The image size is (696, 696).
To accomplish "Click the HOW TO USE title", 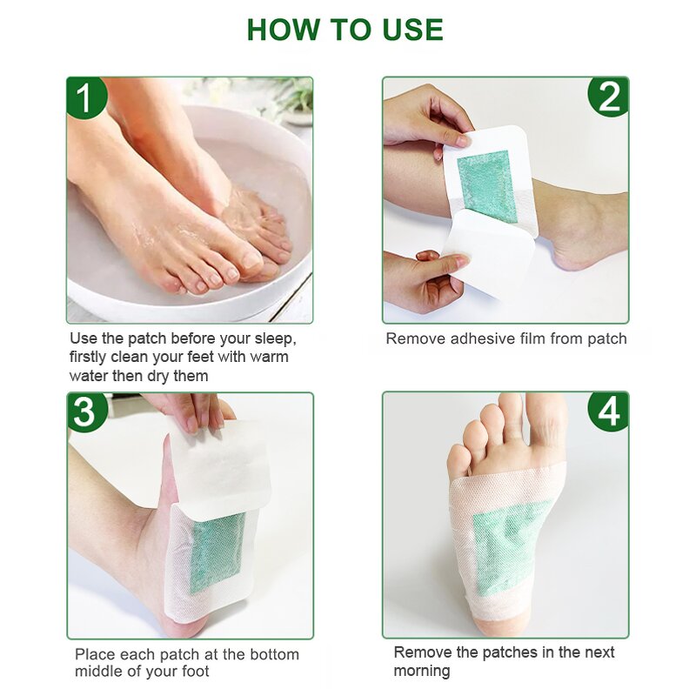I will tap(345, 30).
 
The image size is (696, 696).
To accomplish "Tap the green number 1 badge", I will tap(87, 97).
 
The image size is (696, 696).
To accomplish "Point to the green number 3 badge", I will tap(87, 412).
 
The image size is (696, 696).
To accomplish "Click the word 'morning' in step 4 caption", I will tap(422, 671).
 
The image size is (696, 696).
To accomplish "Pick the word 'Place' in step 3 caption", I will tap(94, 653).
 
